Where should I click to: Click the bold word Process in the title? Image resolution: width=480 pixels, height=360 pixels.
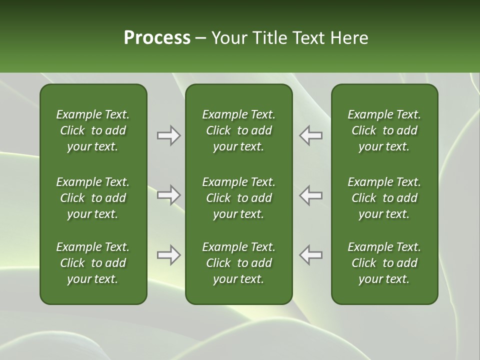coord(157,38)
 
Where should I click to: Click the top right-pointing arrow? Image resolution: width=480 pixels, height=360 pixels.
coord(168,135)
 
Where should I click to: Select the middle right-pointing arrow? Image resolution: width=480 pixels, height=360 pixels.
coord(168,195)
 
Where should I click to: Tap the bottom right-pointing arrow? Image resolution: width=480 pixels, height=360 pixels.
coord(168,255)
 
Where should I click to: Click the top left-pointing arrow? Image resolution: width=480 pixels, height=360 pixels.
coord(311,135)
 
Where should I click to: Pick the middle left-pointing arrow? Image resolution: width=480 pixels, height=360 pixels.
coord(311,195)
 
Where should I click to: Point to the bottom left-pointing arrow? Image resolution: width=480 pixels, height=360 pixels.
coord(311,255)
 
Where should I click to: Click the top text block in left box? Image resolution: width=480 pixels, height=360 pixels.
coord(93,130)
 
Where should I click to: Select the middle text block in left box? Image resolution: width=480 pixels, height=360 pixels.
coord(93,198)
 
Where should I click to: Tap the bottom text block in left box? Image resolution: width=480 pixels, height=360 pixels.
coord(93,263)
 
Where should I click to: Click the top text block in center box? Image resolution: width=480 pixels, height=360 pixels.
coord(238,130)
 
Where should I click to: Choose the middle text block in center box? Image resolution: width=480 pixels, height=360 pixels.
coord(238,198)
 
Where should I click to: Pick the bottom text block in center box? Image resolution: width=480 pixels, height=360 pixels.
coord(238,263)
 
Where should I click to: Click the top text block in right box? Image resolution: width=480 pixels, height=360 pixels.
coord(384,130)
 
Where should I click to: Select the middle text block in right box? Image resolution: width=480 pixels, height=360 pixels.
coord(384,198)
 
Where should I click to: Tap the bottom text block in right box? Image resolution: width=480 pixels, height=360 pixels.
coord(384,263)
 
